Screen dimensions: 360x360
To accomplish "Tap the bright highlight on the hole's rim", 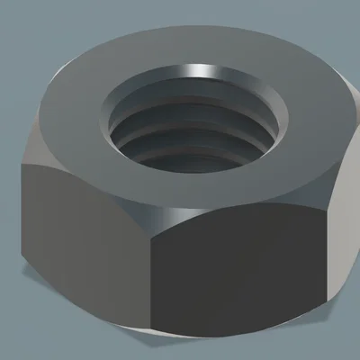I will point(202,70).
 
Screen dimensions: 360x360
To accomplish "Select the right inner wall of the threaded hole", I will point(270,121).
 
